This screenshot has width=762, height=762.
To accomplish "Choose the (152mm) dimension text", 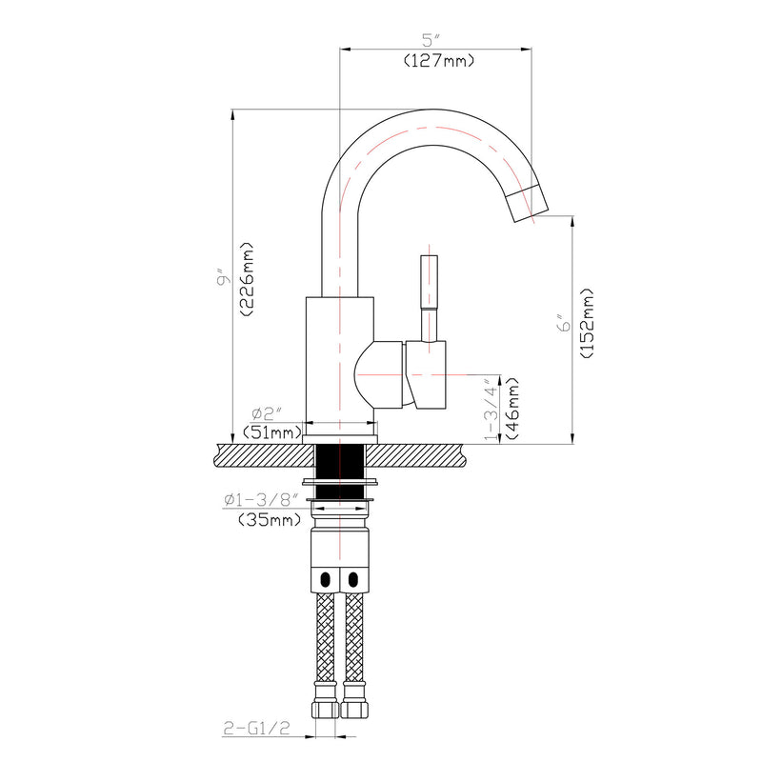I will click(x=586, y=324).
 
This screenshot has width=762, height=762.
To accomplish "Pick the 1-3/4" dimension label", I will click(x=491, y=408).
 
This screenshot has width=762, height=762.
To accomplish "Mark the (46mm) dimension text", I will click(x=511, y=408).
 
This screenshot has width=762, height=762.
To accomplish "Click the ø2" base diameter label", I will click(x=269, y=412).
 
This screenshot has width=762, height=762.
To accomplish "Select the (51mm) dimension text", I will click(x=271, y=432).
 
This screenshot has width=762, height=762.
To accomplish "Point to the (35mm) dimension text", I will click(x=267, y=520).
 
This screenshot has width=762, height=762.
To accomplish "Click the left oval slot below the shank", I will click(x=327, y=579).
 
